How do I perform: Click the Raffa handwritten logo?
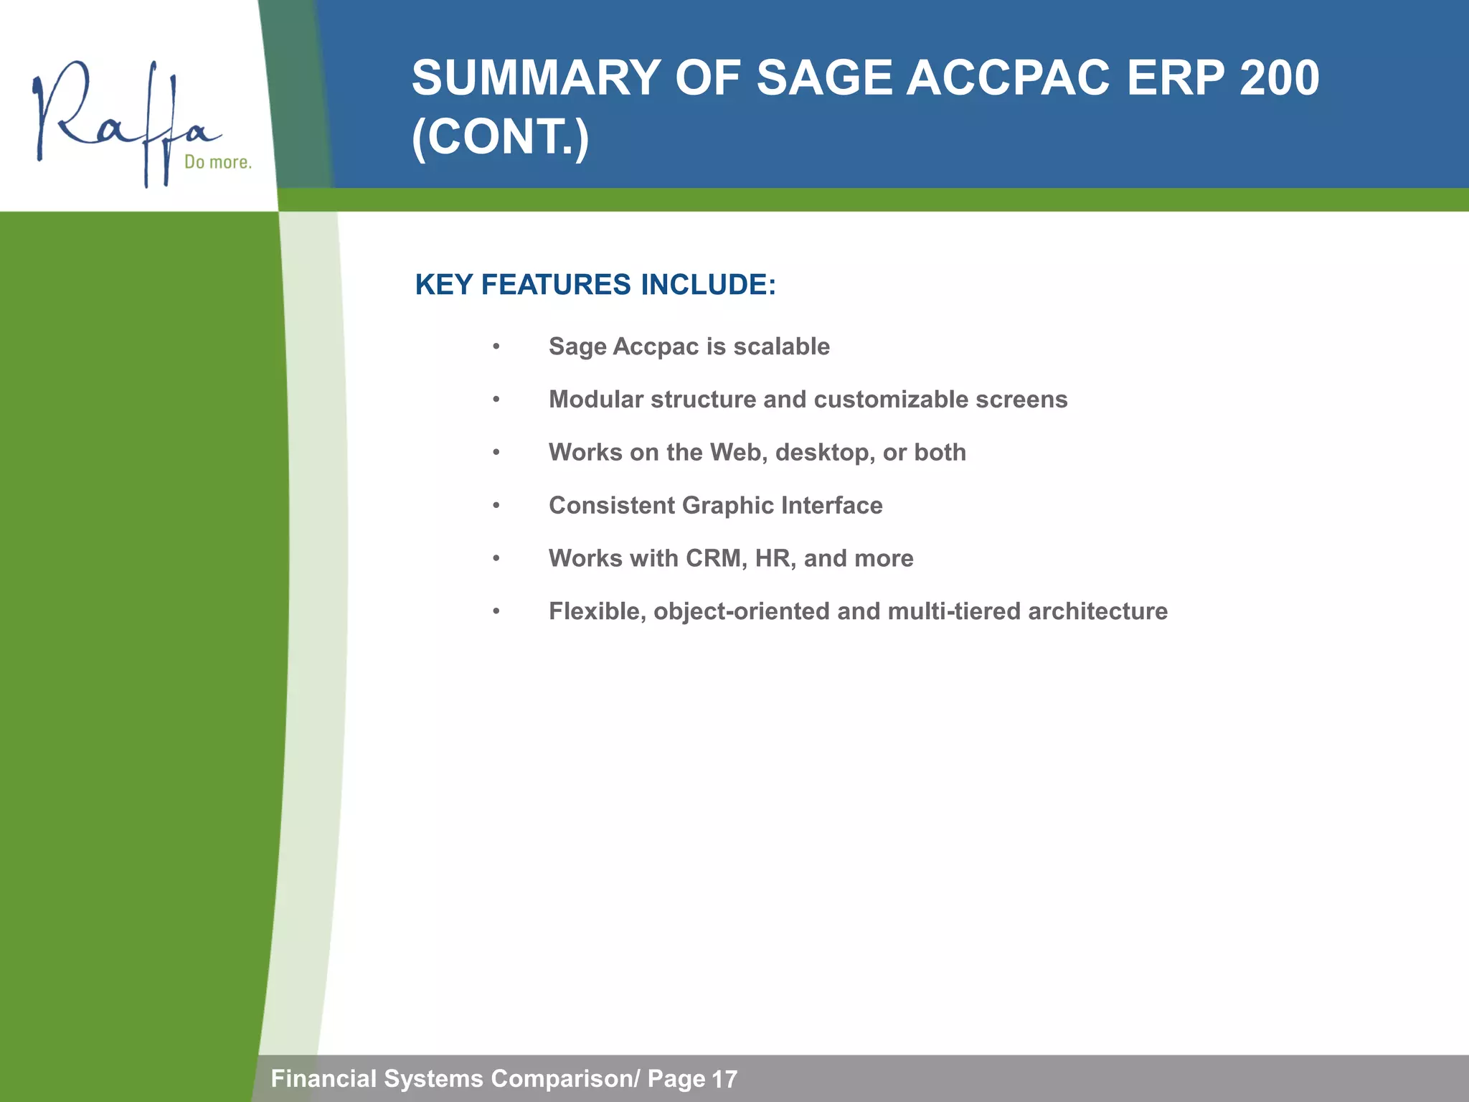(122, 122)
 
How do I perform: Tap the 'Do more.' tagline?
(218, 162)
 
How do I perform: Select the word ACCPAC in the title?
(1009, 78)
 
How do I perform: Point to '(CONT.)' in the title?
(500, 137)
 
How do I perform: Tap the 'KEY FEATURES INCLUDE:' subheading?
(595, 285)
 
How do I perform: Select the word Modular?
(595, 400)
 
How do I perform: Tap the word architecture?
(1097, 611)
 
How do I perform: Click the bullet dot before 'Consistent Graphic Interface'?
(496, 506)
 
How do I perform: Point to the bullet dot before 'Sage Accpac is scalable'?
(496, 347)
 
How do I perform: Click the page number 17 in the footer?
(724, 1079)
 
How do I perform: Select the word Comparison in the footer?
(562, 1078)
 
